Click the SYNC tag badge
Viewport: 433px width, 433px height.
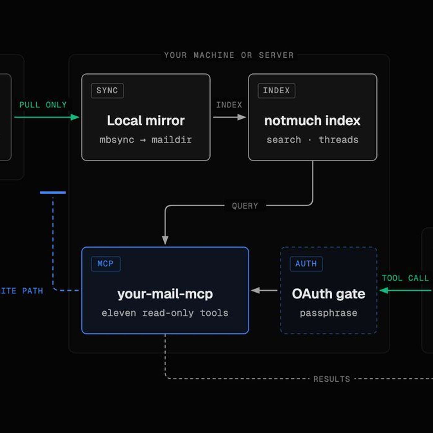tap(107, 91)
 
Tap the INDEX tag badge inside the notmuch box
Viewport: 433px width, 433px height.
tap(277, 91)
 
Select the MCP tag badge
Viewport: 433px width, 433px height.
tap(105, 264)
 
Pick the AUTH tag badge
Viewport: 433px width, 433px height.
tap(306, 264)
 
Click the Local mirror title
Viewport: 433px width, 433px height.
tap(146, 121)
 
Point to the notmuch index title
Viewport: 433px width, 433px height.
tap(312, 121)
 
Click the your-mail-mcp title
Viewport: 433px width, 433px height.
tap(165, 294)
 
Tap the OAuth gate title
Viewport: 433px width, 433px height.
tap(328, 294)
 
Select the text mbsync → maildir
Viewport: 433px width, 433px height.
tap(146, 140)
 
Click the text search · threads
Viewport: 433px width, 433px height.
tap(312, 140)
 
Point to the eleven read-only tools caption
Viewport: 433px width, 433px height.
tap(165, 313)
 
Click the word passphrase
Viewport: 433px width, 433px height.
tap(328, 313)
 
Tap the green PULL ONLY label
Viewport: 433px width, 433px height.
tap(43, 105)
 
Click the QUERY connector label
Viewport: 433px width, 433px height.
tap(245, 206)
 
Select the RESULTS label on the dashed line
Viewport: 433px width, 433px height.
tap(332, 379)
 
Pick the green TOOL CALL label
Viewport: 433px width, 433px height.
tap(405, 278)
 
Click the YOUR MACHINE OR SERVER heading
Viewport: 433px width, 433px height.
tap(229, 55)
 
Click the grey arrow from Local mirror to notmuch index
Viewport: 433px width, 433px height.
tap(229, 117)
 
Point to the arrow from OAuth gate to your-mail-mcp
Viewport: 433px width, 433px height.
tap(264, 290)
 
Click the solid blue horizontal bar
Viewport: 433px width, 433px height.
tap(53, 193)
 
